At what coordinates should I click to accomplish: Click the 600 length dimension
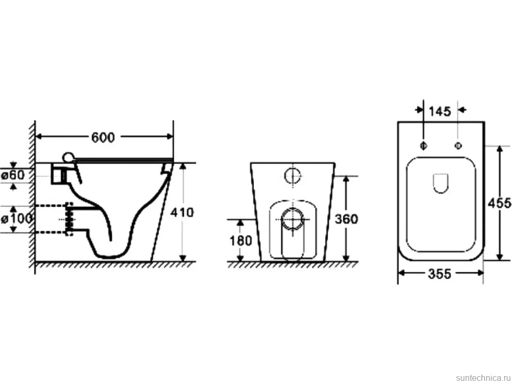click(x=103, y=137)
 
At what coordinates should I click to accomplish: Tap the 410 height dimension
click(x=182, y=213)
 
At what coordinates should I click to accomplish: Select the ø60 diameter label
click(x=13, y=175)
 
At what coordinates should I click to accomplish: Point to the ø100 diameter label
click(x=16, y=218)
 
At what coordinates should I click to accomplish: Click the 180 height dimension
click(x=241, y=241)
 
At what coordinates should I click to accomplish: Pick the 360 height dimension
click(x=346, y=219)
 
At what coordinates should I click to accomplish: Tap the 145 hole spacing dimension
click(x=440, y=112)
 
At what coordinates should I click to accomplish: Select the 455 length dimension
click(x=499, y=203)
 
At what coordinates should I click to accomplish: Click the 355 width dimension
click(x=440, y=274)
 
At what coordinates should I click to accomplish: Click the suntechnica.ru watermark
click(x=483, y=378)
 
